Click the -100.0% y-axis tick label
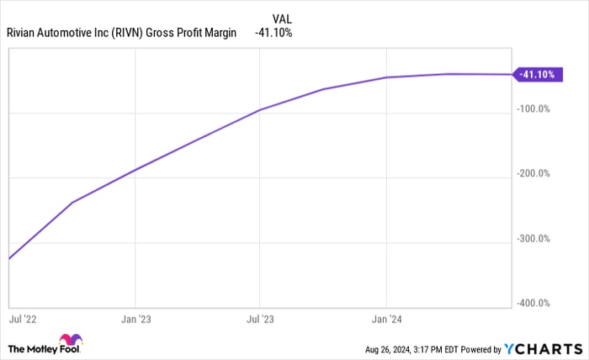[x=533, y=109]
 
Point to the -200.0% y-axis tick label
[x=533, y=174]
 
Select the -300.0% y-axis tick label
[x=533, y=239]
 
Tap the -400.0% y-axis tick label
[x=533, y=304]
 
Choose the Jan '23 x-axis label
[x=135, y=320]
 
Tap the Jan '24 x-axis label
[x=385, y=320]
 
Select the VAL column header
[x=283, y=18]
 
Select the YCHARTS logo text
[x=544, y=347]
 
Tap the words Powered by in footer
[x=480, y=348]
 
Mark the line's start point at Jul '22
[x=8, y=258]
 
